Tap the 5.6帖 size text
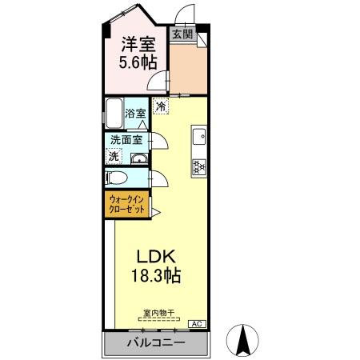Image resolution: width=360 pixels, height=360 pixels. [138, 62]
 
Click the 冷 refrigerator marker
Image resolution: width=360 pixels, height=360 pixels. [161, 106]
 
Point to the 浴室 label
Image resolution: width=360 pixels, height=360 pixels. [136, 114]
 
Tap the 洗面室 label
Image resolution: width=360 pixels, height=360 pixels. [126, 140]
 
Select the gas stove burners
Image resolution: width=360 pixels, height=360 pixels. [198, 166]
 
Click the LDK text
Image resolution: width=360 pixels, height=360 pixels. [156, 258]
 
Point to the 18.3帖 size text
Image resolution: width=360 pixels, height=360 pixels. [156, 277]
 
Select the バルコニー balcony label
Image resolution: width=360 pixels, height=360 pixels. [156, 343]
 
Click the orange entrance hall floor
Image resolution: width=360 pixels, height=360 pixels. [189, 68]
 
